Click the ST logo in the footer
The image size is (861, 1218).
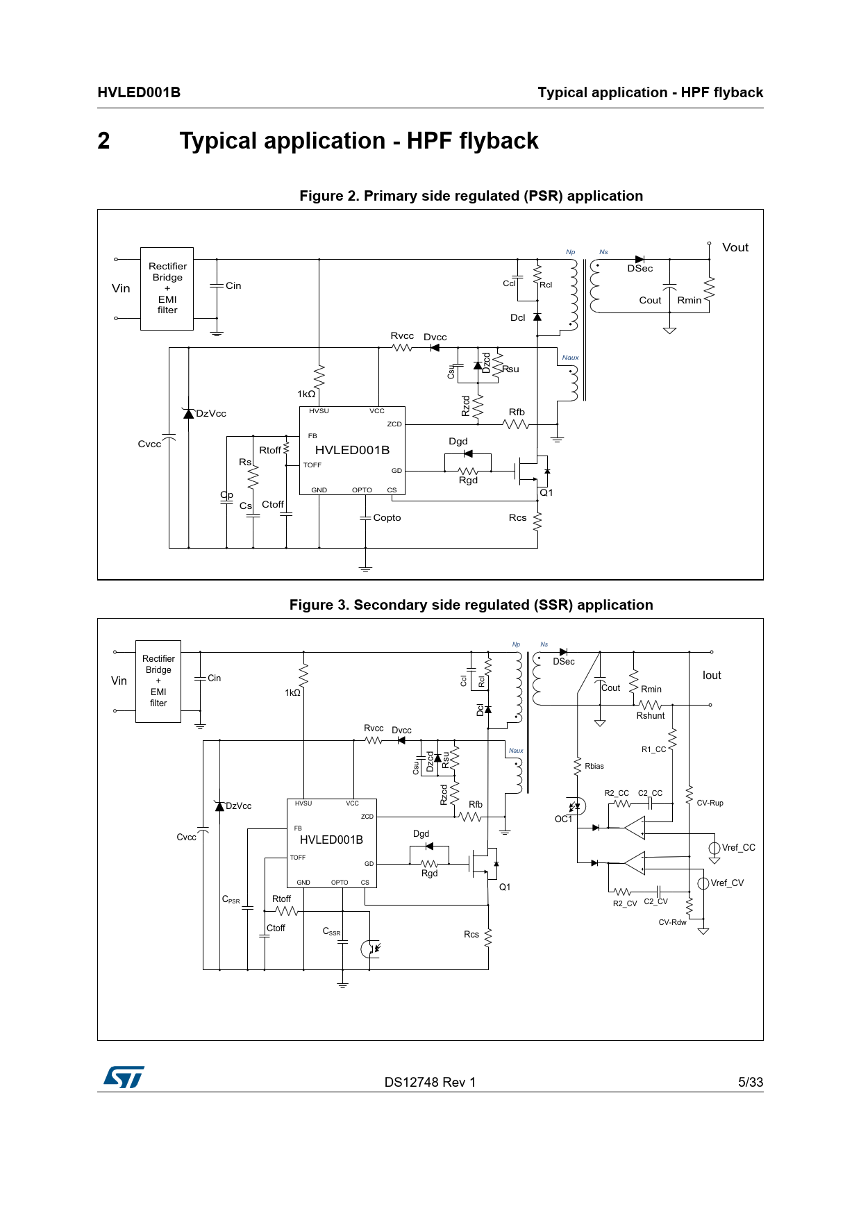[x=124, y=1077]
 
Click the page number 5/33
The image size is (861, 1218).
[x=750, y=1082]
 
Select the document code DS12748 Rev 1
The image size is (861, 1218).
[x=430, y=1082]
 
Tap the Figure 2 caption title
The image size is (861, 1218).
[x=471, y=196]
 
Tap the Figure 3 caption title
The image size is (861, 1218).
[x=471, y=605]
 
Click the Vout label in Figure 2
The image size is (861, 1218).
[x=735, y=248]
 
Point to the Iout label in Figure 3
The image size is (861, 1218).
[x=712, y=676]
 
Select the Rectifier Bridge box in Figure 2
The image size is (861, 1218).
[x=167, y=288]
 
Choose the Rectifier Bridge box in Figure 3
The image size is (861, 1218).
[x=158, y=681]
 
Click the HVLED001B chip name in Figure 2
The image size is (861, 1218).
[x=352, y=450]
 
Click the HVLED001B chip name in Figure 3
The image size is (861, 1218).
[x=331, y=840]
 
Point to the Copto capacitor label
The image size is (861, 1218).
[x=387, y=518]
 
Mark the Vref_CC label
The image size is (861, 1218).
[x=738, y=848]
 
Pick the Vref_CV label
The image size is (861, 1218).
[x=727, y=883]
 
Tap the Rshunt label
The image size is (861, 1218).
[x=651, y=716]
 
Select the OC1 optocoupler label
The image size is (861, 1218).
[x=563, y=819]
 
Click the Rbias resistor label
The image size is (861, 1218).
[x=594, y=767]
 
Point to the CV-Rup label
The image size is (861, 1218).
[x=710, y=803]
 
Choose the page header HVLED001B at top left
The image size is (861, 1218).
[x=139, y=92]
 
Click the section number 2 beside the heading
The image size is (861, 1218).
[x=103, y=141]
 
